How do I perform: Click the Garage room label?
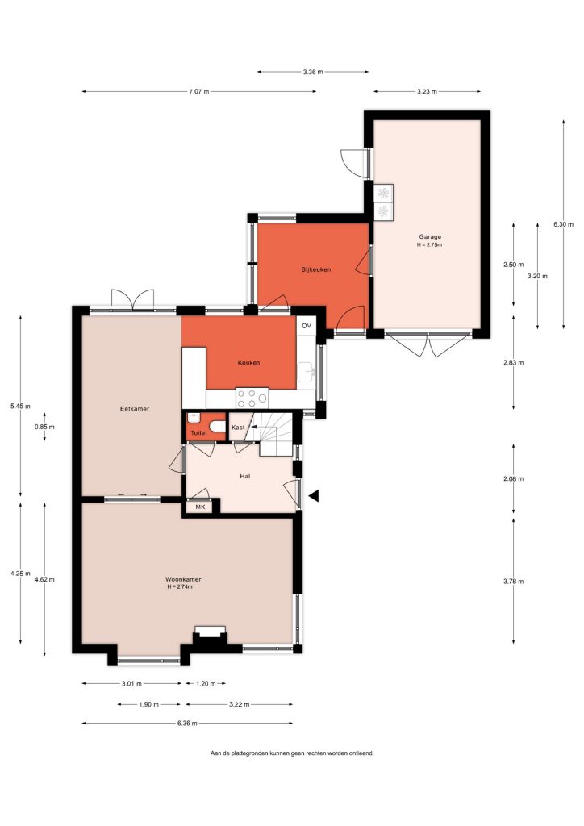click(430, 237)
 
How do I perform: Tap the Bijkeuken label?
click(316, 269)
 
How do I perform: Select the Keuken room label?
click(248, 363)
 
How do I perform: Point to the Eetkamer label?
click(134, 409)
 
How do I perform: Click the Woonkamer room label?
click(183, 579)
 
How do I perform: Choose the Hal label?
click(245, 476)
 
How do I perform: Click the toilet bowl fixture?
click(217, 426)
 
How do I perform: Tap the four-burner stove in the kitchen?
click(252, 398)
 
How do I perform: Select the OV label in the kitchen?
click(307, 326)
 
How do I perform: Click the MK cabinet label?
click(200, 507)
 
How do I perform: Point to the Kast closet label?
click(238, 428)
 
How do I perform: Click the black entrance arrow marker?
click(314, 496)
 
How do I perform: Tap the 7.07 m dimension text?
click(199, 92)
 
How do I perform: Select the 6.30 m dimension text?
click(563, 224)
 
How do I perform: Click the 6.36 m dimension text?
click(187, 724)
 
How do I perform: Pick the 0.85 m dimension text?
click(44, 428)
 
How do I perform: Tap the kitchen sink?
click(306, 373)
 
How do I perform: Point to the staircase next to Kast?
click(273, 433)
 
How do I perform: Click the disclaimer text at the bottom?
click(292, 753)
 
